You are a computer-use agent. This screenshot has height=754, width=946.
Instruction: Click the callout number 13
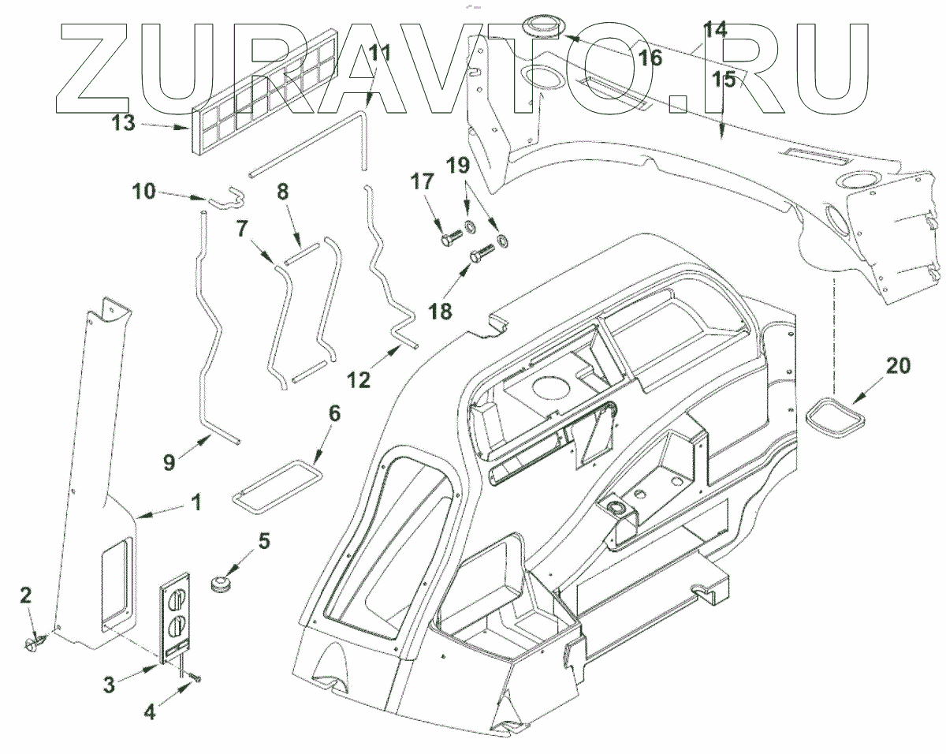click(125, 124)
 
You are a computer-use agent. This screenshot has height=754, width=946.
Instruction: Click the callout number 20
click(897, 365)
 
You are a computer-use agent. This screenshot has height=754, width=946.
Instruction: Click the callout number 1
click(196, 502)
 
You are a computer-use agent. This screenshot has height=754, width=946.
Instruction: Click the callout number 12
click(359, 379)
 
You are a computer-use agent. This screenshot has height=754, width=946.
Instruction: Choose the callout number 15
click(725, 80)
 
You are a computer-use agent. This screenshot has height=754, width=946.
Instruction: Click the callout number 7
click(242, 229)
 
